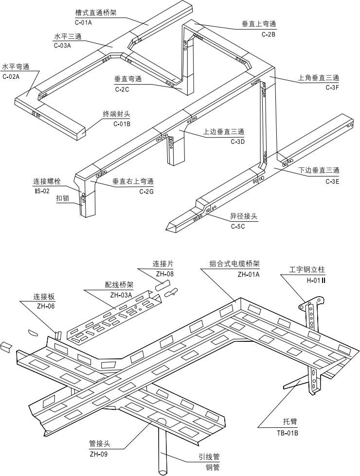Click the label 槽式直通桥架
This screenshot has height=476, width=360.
pos(96,12)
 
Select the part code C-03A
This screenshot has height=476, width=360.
pos(62,46)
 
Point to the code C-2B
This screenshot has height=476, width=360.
pos(269,34)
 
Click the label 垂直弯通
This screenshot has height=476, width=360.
pos(128,79)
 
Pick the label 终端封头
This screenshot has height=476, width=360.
pos(116,115)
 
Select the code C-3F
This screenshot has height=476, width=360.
pos(332,88)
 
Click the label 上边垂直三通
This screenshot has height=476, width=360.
pos(224,132)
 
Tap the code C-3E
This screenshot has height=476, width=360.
pos(332,181)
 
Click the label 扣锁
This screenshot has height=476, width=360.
pos(63,198)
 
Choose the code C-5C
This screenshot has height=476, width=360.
pos(238,227)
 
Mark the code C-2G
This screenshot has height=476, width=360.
pos(146,192)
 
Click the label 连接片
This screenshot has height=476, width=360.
pos(163,264)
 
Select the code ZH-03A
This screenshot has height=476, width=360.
pos(120,295)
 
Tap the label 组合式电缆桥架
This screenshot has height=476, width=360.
pos(234,264)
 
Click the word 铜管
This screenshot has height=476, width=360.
pos(213,467)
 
